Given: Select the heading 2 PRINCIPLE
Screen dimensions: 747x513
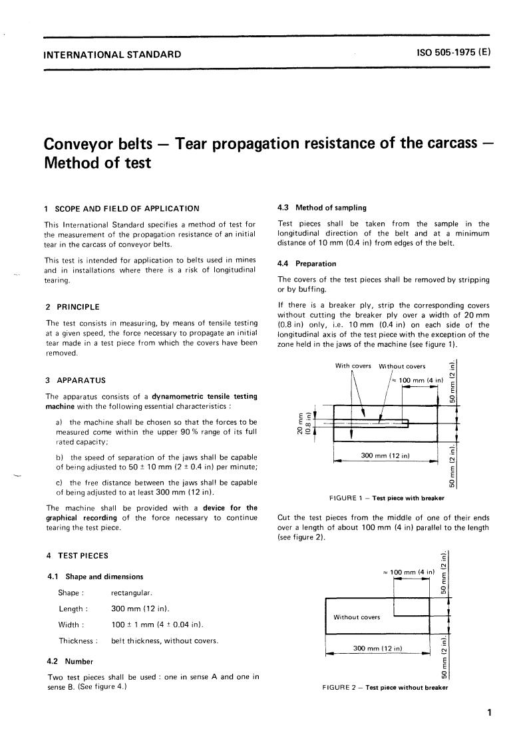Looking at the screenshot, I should (72, 307).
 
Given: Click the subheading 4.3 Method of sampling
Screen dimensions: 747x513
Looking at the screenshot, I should (321, 208).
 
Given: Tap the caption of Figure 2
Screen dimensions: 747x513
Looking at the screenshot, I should (385, 687).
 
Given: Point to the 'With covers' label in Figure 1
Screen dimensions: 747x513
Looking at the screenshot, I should (353, 366).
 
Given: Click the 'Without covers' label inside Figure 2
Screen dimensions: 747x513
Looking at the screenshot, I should (357, 617).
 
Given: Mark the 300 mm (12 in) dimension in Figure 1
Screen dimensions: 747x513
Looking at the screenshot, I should (385, 455).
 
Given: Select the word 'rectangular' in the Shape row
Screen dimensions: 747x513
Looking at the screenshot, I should (132, 592).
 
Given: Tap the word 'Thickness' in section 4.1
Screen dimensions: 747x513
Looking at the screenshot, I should (77, 641).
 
